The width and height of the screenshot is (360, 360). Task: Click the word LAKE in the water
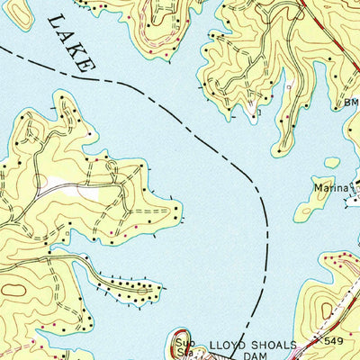(x=70, y=42)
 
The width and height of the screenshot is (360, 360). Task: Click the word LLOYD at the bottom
(x=229, y=344)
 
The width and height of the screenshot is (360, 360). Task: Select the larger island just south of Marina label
(x=311, y=208)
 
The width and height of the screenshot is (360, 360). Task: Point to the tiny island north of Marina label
(x=332, y=163)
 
